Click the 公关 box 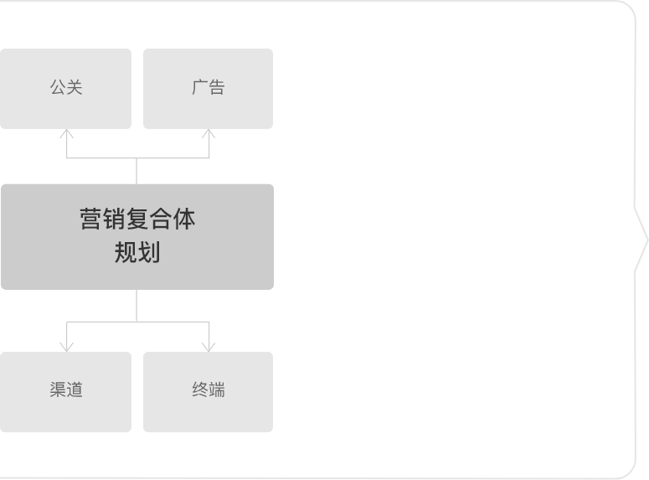(65, 89)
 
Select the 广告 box (209, 89)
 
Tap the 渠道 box (65, 392)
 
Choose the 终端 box (209, 392)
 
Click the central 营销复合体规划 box (137, 237)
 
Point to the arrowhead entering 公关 (67, 133)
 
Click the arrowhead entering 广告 (209, 133)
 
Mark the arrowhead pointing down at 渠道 (67, 347)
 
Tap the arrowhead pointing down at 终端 (209, 347)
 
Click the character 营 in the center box (90, 219)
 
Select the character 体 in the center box (184, 219)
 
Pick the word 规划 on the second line (137, 252)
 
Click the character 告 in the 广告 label (216, 87)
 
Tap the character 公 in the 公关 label (58, 87)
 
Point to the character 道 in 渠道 (75, 390)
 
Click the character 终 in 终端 (200, 390)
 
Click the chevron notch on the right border (646, 240)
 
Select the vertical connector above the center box (136, 171)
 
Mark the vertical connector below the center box (136, 306)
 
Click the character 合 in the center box (161, 219)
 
